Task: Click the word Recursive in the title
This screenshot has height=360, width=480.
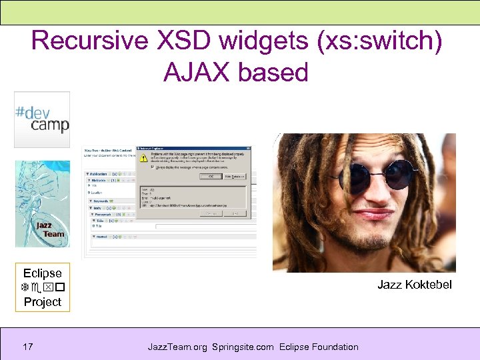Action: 89,41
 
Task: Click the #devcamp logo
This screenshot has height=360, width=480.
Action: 42,119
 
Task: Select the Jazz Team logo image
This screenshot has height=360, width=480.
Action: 43,204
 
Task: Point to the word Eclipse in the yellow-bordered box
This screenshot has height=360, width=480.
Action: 42,273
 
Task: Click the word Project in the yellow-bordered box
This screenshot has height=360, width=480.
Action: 42,302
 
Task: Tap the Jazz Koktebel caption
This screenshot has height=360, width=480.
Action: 414,285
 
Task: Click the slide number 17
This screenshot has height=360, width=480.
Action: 27,347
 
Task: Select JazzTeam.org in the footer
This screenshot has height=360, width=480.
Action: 177,347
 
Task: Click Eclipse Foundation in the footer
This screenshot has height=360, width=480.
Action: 319,347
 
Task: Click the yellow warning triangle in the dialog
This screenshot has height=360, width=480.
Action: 143,159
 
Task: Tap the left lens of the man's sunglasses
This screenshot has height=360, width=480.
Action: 354,175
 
